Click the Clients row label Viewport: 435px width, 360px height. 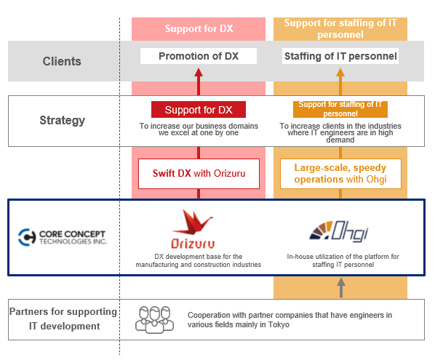[x=62, y=61]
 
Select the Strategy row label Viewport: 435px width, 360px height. [x=62, y=121]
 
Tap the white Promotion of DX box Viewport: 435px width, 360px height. [x=199, y=56]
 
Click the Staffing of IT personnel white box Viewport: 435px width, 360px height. [x=340, y=56]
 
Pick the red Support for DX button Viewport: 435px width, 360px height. [x=199, y=110]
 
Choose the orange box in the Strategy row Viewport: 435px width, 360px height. [x=340, y=109]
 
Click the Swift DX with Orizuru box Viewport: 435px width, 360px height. [x=199, y=174]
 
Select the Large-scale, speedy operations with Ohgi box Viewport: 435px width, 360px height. [x=340, y=174]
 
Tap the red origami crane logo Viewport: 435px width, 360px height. [x=193, y=222]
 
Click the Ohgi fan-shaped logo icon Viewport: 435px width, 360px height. [x=322, y=231]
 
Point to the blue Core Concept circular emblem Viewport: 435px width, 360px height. [x=27, y=237]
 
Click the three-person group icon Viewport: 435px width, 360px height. [x=154, y=319]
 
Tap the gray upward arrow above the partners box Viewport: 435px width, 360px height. [x=341, y=287]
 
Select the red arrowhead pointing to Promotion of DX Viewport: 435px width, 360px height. [x=199, y=72]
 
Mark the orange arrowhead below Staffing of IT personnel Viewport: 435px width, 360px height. [x=340, y=72]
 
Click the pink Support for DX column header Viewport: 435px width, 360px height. [x=199, y=29]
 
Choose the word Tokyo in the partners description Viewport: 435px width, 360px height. [x=279, y=325]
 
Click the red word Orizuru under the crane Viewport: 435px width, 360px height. [x=193, y=244]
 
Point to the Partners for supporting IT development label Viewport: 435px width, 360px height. [x=63, y=319]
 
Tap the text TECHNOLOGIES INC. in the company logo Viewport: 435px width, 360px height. [x=73, y=241]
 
